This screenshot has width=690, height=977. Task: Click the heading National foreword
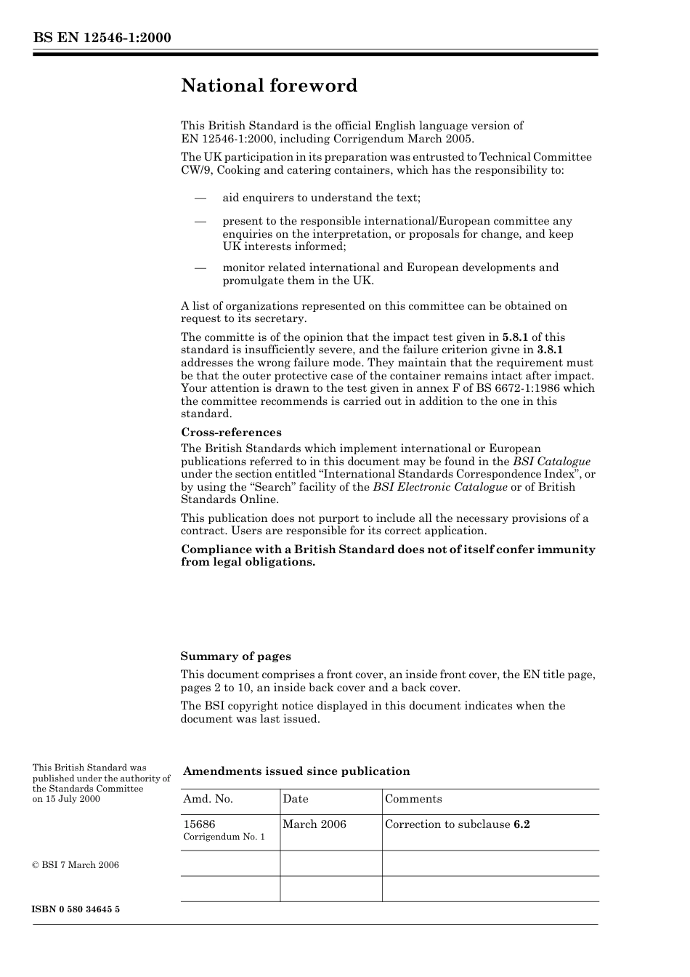tap(269, 86)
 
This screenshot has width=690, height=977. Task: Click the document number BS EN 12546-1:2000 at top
tap(102, 38)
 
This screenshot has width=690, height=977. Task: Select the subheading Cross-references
tap(231, 432)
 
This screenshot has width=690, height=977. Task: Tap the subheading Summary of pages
tap(235, 656)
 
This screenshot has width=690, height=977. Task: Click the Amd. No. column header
tap(208, 799)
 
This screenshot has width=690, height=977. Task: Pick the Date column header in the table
tap(296, 799)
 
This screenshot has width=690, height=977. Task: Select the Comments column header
tap(413, 799)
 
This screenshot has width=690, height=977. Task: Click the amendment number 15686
tap(199, 824)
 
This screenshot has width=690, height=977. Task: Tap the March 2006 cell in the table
tap(314, 824)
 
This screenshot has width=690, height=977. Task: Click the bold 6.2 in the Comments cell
tap(521, 824)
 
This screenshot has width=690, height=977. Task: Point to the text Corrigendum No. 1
tap(224, 837)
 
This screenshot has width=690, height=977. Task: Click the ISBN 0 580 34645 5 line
tap(76, 909)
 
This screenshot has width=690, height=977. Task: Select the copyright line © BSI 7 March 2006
tap(76, 865)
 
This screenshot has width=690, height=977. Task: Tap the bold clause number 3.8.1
tap(550, 350)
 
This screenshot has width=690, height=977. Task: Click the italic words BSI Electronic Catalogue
tap(440, 487)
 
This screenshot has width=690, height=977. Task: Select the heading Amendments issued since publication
tap(296, 771)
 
